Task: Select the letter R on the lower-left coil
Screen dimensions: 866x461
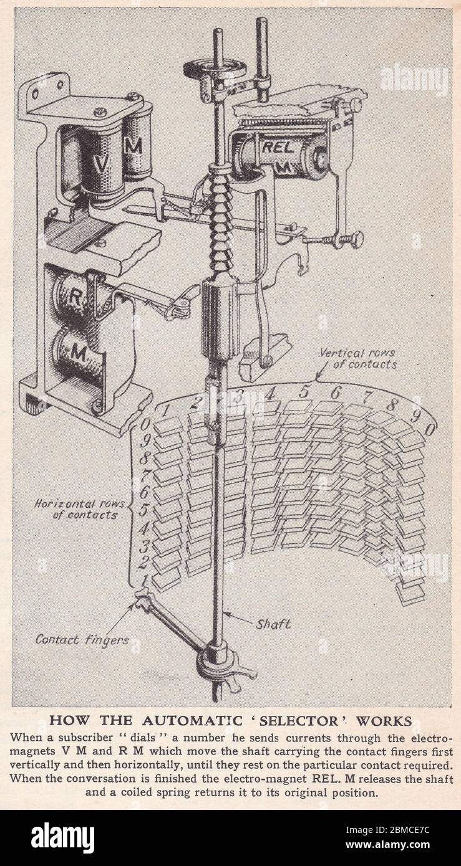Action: (74, 298)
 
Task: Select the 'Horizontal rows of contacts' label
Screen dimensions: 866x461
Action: (75, 510)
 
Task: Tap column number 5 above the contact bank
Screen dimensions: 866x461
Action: (304, 392)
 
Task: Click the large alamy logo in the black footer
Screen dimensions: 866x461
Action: (62, 838)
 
